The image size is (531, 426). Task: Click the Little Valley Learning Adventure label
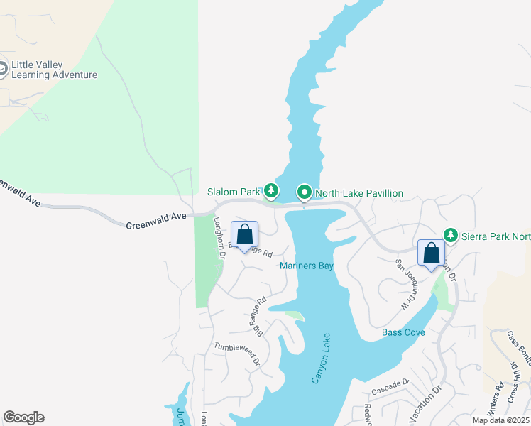(54, 70)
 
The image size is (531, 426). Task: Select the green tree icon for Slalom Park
(270, 191)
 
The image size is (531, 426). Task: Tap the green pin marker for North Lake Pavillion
(304, 192)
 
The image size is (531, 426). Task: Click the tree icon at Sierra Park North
(450, 235)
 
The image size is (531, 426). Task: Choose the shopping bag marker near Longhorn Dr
(244, 234)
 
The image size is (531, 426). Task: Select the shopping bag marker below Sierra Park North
(431, 253)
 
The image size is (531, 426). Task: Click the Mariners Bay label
(306, 266)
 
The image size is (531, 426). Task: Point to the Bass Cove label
(403, 332)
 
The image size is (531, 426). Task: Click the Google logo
(23, 417)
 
